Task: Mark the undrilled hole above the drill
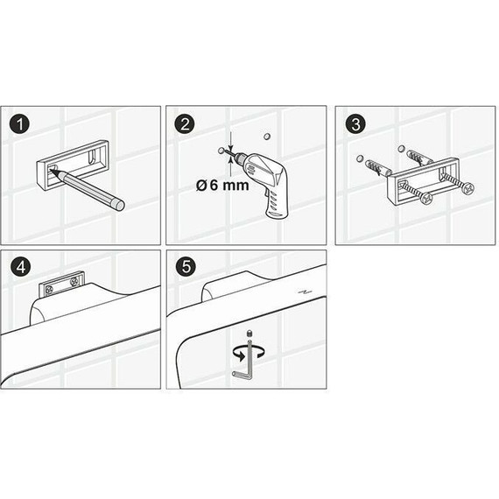[x=267, y=136]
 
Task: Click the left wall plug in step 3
[x=376, y=165]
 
